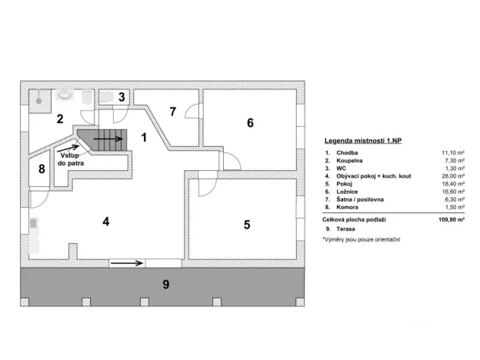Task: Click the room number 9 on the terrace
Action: pos(165,285)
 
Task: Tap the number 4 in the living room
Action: pos(106,222)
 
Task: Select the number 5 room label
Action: pos(247,225)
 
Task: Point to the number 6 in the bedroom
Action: pos(250,122)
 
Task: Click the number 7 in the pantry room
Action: pos(173,112)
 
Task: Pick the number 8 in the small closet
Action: pos(40,169)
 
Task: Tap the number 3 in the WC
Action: pos(122,97)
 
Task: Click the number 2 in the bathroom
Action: pos(58,118)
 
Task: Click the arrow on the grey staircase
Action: pos(108,140)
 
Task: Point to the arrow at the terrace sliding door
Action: pos(127,263)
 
